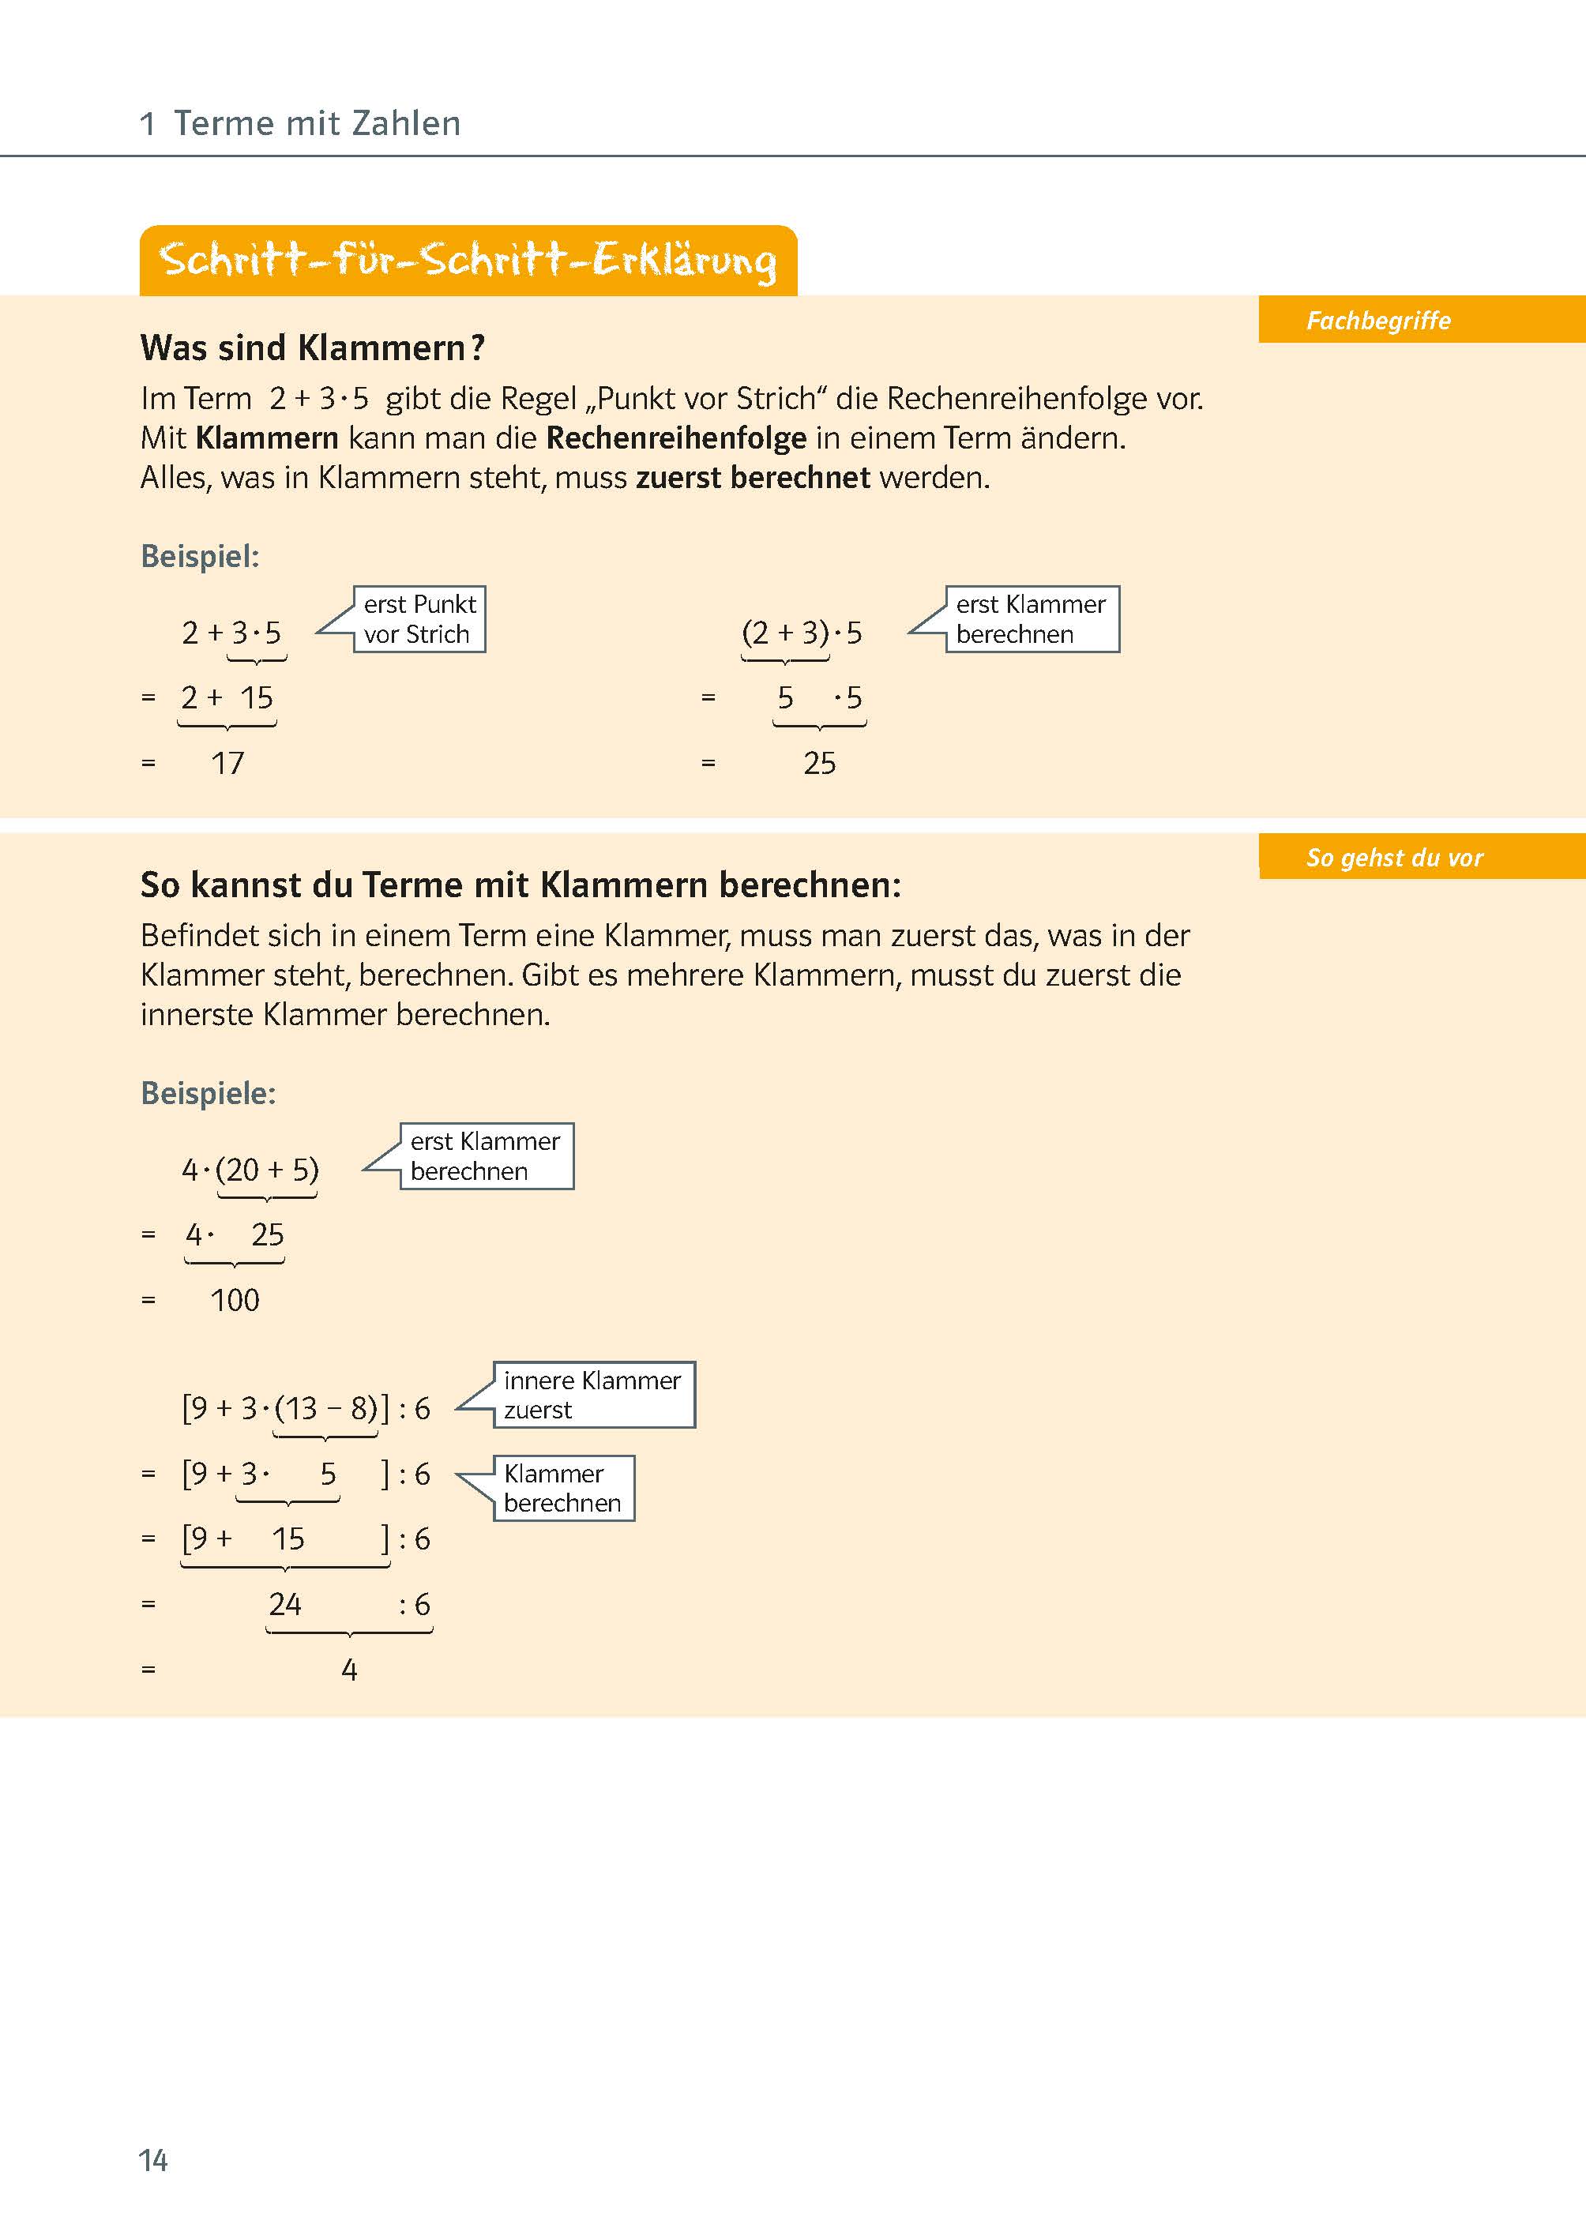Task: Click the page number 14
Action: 153,2160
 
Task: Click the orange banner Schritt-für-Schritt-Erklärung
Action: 468,261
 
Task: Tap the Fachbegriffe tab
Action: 1378,321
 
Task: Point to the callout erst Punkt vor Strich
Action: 419,619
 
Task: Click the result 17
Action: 227,763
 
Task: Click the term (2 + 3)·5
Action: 802,633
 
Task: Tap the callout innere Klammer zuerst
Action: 593,1395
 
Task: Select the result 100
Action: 235,1300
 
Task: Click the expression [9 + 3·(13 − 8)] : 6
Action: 306,1408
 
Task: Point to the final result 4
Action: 348,1670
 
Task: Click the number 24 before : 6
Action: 285,1603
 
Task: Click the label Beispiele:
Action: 208,1092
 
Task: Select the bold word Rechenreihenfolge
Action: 676,438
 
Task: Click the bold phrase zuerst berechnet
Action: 752,478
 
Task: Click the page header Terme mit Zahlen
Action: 317,123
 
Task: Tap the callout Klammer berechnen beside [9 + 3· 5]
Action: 563,1487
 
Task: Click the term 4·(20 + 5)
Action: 250,1170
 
